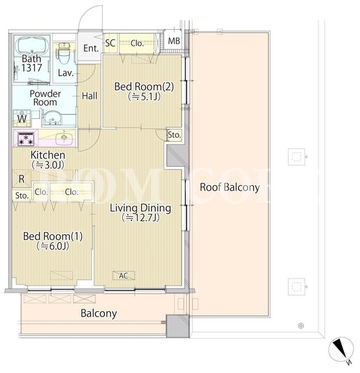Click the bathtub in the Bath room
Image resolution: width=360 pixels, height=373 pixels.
pos(31,46)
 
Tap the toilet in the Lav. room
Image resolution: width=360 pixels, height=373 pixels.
pos(63,53)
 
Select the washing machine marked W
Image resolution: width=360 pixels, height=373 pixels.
pos(22,118)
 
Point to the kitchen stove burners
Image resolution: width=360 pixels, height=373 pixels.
pos(26,139)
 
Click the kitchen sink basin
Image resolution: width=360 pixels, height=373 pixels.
pos(63,138)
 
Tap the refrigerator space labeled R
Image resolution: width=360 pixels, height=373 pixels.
pos(22,179)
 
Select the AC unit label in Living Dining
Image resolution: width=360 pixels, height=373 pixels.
pos(123,276)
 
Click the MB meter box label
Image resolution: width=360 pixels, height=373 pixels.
pos(174,41)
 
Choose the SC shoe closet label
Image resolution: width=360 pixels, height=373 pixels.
pos(110,43)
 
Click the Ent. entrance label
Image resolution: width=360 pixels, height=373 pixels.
pos(91,48)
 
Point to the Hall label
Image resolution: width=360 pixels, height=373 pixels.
pos(90,96)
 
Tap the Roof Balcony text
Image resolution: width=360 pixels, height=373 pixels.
pos(230,187)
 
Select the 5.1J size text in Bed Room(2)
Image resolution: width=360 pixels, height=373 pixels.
pos(144,97)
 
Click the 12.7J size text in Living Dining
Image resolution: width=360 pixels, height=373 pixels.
pos(140,217)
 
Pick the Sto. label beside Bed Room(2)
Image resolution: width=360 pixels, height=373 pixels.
pos(174,135)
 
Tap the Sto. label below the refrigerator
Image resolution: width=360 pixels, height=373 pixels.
pos(22,196)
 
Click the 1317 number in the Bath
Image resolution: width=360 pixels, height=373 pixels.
pos(32,68)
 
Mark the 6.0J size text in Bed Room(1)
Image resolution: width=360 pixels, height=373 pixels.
pos(53,246)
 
